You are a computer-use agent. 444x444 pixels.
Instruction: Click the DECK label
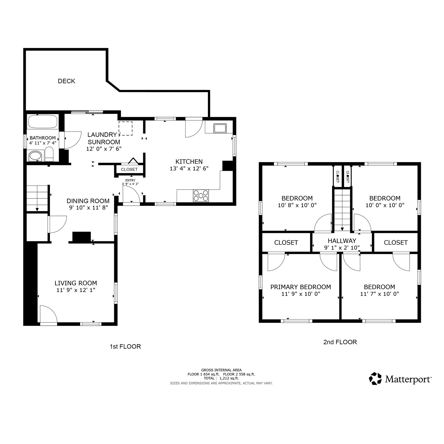(x=66, y=81)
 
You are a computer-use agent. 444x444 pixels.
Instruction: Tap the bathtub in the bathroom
(x=42, y=122)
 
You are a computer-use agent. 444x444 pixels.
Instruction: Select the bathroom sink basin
(x=35, y=156)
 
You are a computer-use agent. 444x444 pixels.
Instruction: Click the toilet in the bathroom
(x=49, y=154)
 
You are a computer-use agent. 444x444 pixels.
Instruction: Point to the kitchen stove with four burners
(x=201, y=195)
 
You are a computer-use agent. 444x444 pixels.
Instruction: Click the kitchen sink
(x=220, y=128)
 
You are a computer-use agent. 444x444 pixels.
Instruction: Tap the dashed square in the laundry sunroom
(x=125, y=129)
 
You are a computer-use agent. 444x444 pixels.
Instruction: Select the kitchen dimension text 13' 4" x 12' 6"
(x=189, y=169)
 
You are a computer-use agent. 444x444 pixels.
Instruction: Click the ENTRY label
(x=130, y=180)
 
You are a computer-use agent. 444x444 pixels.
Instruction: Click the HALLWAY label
(x=342, y=241)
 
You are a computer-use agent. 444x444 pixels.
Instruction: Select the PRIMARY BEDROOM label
(x=301, y=287)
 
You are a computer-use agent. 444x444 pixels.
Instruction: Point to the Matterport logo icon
(x=375, y=379)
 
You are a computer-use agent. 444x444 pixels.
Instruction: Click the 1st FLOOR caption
(x=125, y=347)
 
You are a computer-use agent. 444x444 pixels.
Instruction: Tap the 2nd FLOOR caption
(x=340, y=342)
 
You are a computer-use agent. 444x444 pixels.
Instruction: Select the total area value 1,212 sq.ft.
(x=229, y=378)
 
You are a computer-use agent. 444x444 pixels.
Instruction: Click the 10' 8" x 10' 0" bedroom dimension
(x=297, y=205)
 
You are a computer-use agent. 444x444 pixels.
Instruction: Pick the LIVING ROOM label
(x=76, y=283)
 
